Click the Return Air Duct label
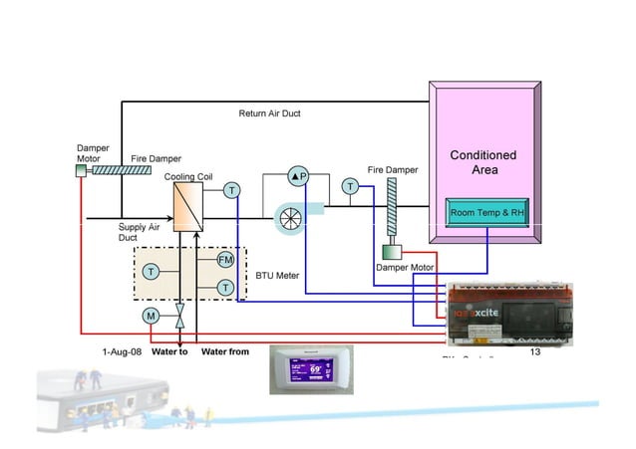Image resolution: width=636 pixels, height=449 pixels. click(x=269, y=113)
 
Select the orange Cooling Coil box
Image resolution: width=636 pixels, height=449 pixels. click(x=187, y=208)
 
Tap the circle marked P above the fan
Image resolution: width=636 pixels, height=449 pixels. click(x=298, y=176)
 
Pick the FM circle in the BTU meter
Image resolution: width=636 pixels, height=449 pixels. click(x=226, y=261)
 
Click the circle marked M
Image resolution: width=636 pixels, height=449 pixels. click(x=151, y=316)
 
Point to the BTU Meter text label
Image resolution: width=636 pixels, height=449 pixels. click(x=278, y=275)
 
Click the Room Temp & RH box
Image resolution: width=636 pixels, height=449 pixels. click(x=487, y=213)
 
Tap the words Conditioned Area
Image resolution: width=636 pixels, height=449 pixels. click(x=483, y=162)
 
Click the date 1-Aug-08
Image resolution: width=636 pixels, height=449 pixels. click(x=122, y=351)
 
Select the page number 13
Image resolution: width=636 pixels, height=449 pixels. click(x=534, y=351)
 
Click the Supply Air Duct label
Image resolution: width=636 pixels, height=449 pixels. click(x=139, y=232)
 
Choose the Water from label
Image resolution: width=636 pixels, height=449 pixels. click(x=225, y=351)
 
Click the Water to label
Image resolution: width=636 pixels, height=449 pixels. click(x=169, y=351)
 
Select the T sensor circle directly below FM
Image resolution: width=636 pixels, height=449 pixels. click(x=226, y=287)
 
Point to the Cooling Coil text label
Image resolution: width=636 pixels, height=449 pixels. click(x=188, y=176)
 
